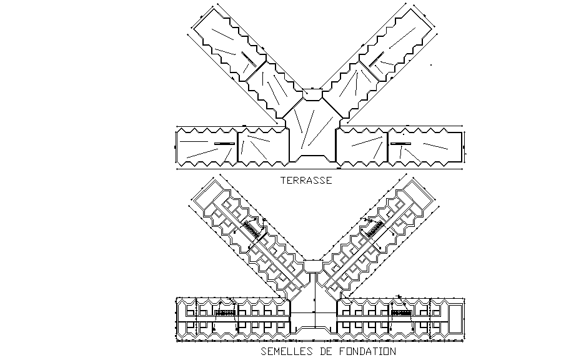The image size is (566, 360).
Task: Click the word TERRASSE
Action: pos(305,181)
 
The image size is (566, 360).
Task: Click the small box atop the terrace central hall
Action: pos(312,94)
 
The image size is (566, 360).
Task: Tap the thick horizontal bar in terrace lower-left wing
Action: pos(223,144)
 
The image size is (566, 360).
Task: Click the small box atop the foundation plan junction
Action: pos(312,265)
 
